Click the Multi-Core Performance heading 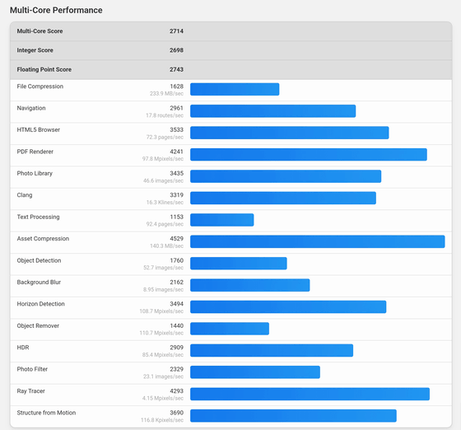point(56,10)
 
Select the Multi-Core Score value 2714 point(176,31)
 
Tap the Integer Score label point(35,50)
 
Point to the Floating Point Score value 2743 point(176,69)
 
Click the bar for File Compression point(235,89)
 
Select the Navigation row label point(31,108)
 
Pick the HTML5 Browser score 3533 point(176,129)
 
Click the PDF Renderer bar point(309,154)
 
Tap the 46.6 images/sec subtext point(163,180)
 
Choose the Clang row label point(25,195)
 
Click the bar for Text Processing point(222,220)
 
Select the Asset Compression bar point(318,241)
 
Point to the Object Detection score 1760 point(176,260)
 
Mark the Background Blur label point(39,282)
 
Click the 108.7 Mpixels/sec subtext point(161,311)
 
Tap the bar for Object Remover point(230,329)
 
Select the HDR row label point(23,348)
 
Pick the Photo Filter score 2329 point(176,369)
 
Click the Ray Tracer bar point(310,394)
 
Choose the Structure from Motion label point(46,413)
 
